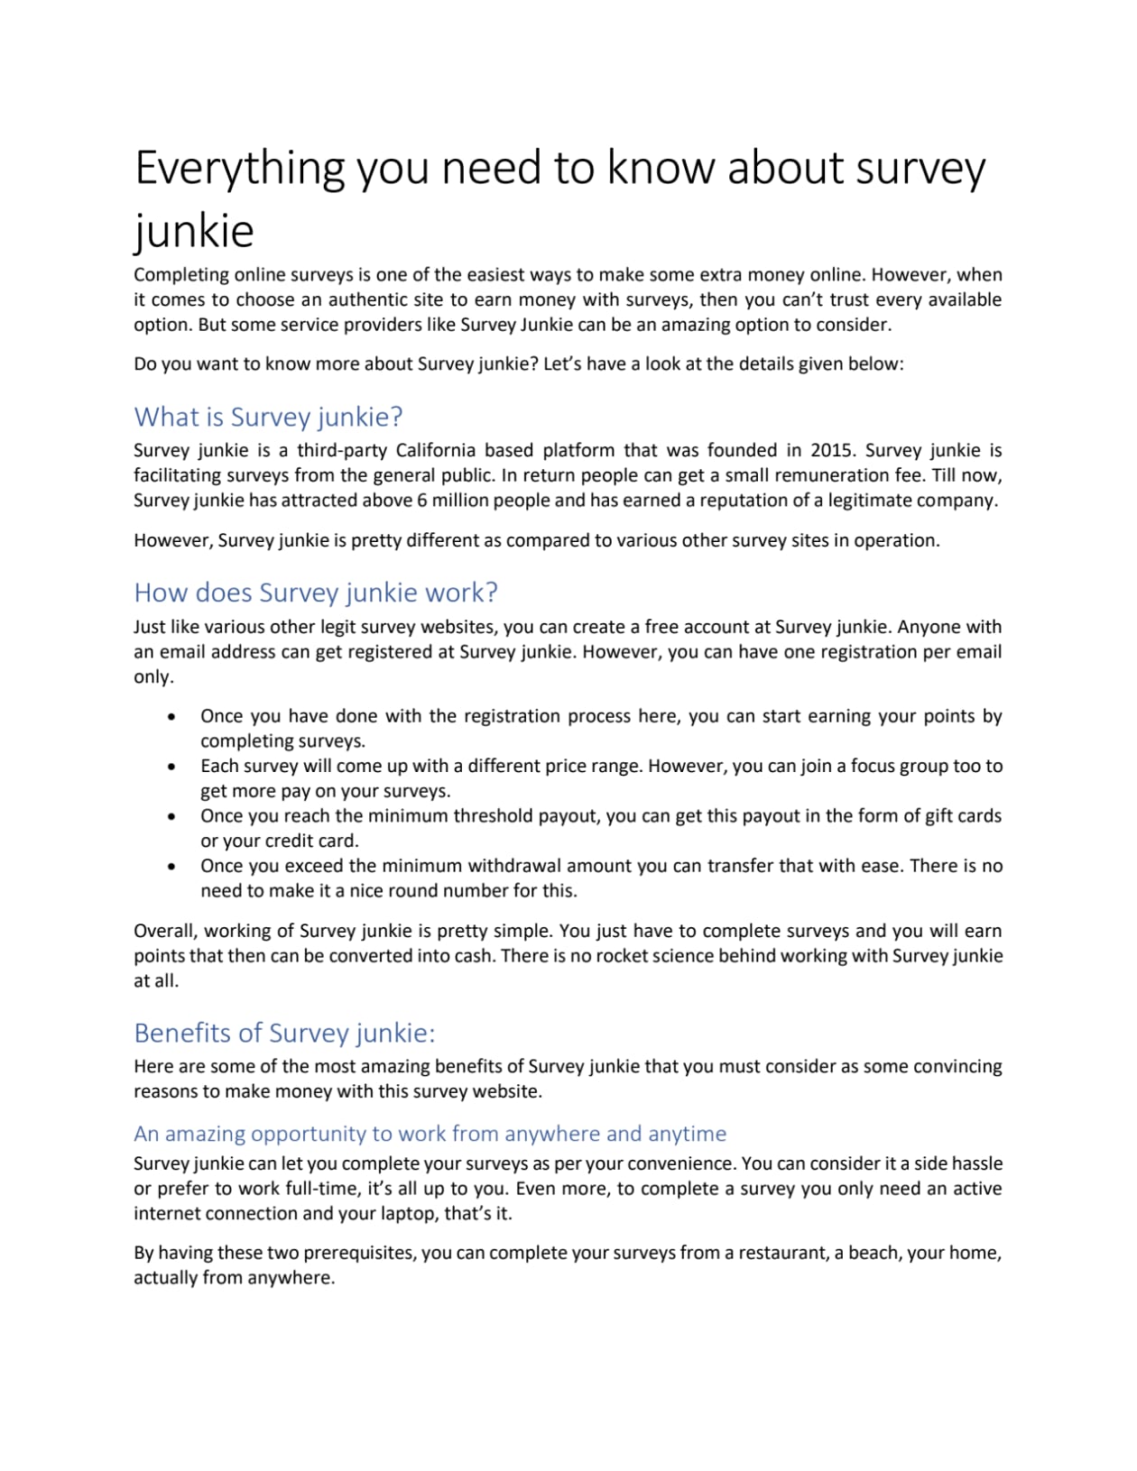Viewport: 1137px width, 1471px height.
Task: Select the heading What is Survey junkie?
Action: pos(268,417)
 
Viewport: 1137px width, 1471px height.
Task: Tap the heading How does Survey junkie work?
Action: pos(316,593)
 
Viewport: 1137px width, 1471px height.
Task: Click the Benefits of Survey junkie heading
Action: pos(284,1033)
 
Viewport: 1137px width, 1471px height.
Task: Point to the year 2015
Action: pos(831,450)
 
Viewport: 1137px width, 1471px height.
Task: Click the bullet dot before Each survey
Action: pos(171,768)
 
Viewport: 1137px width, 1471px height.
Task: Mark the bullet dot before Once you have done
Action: pos(171,718)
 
